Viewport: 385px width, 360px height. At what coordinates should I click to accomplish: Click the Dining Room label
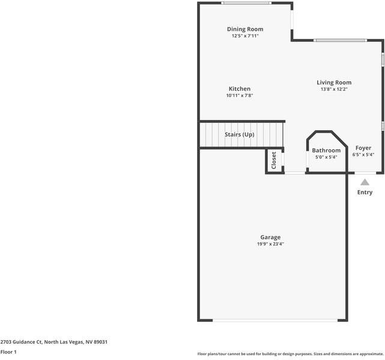[x=244, y=29]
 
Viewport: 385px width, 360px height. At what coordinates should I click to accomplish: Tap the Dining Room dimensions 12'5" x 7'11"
[x=244, y=36]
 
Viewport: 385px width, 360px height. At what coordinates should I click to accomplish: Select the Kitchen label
[x=239, y=89]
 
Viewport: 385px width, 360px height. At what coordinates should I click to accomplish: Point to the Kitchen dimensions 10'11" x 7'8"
[x=239, y=96]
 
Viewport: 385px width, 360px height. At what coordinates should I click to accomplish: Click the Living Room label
[x=334, y=82]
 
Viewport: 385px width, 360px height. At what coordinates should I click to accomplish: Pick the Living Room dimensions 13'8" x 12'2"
[x=334, y=89]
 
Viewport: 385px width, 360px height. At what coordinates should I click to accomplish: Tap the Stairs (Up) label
[x=239, y=134]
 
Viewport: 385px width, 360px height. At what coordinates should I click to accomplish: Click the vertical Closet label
[x=274, y=160]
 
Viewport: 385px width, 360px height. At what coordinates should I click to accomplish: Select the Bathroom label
[x=326, y=150]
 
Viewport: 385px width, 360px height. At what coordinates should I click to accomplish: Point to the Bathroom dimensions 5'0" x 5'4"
[x=326, y=157]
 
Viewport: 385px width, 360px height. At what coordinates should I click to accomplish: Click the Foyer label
[x=363, y=148]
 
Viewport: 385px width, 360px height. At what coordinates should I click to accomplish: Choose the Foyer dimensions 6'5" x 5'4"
[x=363, y=155]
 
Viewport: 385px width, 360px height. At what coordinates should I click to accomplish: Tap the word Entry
[x=365, y=193]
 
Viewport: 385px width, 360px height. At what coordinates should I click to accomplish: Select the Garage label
[x=270, y=237]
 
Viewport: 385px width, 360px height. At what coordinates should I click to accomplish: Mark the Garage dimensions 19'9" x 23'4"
[x=270, y=244]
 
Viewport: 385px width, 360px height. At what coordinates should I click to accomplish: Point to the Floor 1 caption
[x=8, y=352]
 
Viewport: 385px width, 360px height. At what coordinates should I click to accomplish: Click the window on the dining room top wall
[x=245, y=3]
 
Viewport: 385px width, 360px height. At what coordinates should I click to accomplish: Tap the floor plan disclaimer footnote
[x=290, y=354]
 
